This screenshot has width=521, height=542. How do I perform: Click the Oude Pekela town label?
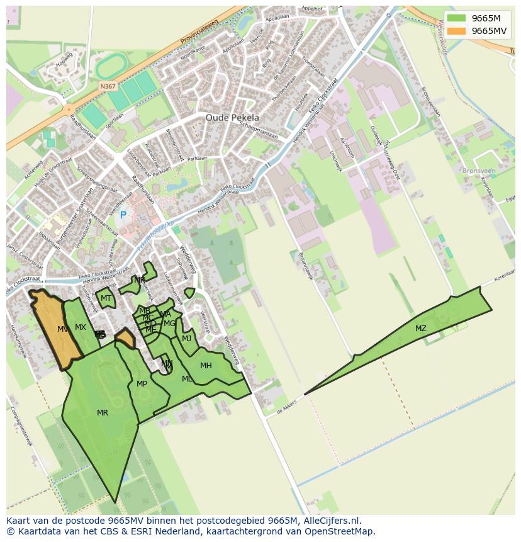point(232,118)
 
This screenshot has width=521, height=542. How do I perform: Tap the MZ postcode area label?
point(420,329)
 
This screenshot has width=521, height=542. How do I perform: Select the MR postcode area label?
point(103,413)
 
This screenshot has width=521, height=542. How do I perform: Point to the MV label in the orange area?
point(62,329)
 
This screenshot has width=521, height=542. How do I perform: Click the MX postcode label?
point(81,327)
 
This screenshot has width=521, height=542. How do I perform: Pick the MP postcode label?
point(142,384)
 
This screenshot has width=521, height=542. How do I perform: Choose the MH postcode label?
point(206,366)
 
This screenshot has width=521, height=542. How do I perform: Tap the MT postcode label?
point(106,298)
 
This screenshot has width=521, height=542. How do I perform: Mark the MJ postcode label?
point(186,339)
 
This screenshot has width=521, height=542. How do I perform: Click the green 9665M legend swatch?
point(457,18)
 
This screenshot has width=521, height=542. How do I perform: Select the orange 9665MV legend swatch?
point(457,31)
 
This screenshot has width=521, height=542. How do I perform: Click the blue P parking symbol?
point(123,215)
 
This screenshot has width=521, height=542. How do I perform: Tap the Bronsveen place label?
point(479,171)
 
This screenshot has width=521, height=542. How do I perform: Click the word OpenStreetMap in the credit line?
point(344,531)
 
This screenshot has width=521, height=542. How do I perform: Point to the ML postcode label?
point(187,379)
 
